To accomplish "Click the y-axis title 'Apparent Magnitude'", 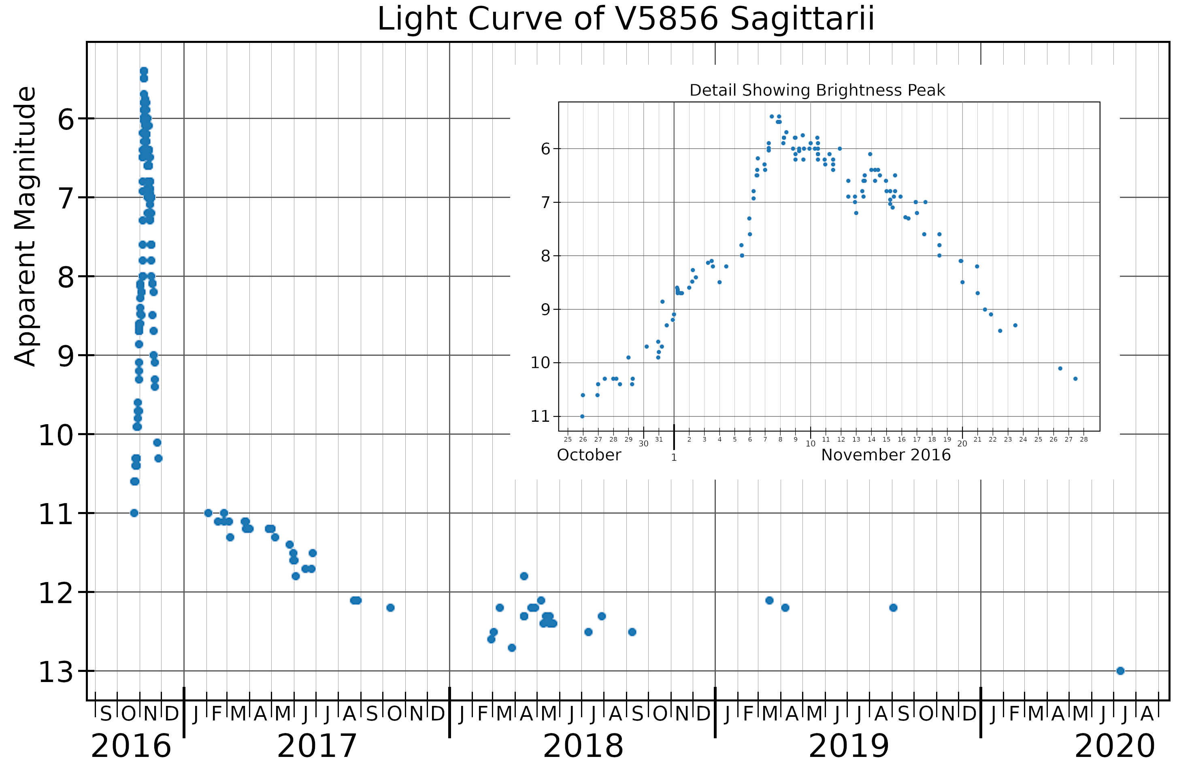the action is tap(25, 226).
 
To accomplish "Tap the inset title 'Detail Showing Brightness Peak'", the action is tap(817, 91).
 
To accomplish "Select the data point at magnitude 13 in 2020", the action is tap(1120, 671).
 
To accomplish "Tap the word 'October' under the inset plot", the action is tap(589, 455).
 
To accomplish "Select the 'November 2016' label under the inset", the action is tap(886, 455).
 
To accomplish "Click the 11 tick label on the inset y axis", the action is tap(541, 416).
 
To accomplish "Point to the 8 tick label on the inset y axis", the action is tap(545, 256).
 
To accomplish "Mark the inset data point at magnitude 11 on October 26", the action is tap(582, 416).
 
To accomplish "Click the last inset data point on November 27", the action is tap(1075, 379).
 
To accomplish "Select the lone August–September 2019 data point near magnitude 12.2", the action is tap(893, 608).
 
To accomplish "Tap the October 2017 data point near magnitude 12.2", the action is tap(390, 608).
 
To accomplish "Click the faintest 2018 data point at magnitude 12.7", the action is tap(512, 648).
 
